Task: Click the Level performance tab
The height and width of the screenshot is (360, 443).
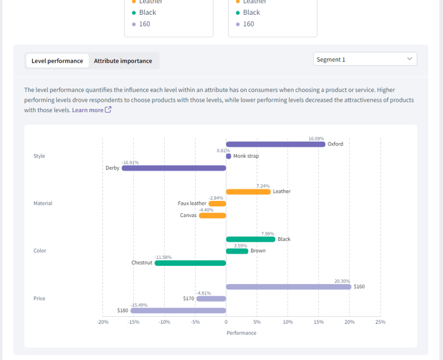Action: (x=57, y=61)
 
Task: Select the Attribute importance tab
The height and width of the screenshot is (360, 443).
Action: (x=123, y=61)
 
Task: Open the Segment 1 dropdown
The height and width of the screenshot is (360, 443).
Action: (x=364, y=59)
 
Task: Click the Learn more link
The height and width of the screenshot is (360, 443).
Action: (x=91, y=110)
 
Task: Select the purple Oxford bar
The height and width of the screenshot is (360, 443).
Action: (x=276, y=144)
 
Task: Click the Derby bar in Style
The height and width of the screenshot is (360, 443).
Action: (x=174, y=168)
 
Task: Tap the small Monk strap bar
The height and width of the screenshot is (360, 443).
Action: (x=229, y=156)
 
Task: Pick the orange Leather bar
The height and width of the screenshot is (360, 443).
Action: (x=249, y=192)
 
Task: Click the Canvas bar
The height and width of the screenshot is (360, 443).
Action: (x=212, y=216)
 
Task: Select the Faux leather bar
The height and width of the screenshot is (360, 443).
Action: (x=217, y=204)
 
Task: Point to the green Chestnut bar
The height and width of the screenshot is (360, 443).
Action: (x=190, y=263)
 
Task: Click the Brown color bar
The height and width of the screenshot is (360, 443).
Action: (x=237, y=251)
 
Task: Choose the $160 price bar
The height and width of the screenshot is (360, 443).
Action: (x=288, y=287)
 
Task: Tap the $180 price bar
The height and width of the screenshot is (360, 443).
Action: (x=178, y=310)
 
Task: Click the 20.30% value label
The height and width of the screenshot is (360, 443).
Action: (x=342, y=281)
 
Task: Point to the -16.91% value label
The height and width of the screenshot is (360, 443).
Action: (x=130, y=162)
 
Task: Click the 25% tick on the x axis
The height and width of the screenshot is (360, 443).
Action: (x=381, y=322)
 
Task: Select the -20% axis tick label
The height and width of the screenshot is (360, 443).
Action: (x=102, y=322)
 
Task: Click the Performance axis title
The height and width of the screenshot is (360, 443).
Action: (x=241, y=333)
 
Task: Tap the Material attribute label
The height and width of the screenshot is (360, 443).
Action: (x=43, y=203)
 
